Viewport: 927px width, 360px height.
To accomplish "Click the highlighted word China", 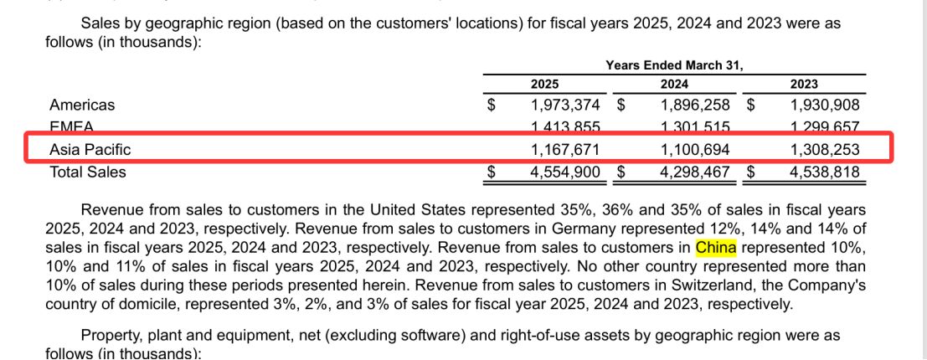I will click(716, 248).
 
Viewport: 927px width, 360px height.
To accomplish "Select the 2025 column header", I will click(544, 84).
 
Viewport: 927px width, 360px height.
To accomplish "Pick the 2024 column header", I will click(674, 84).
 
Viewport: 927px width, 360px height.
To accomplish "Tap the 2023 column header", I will click(804, 84).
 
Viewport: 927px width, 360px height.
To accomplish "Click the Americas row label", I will click(82, 105).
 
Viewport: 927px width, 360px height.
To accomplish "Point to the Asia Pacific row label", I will click(90, 150).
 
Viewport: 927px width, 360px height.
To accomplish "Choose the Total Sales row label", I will click(88, 172).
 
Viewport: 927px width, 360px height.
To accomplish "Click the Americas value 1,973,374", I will click(565, 105).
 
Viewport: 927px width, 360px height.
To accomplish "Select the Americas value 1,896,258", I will click(695, 105).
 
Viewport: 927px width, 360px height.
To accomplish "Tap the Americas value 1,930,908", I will click(825, 105).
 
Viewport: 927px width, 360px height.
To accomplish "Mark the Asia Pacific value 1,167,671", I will click(565, 150).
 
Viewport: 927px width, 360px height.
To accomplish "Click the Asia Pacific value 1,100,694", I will click(695, 150).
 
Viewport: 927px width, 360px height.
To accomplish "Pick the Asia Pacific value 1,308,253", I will click(825, 150).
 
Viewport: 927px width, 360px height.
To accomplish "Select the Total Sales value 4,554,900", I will click(565, 172).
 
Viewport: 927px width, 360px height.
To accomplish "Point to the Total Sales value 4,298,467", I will click(695, 172).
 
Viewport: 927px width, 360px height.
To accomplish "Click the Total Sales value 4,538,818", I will click(825, 172).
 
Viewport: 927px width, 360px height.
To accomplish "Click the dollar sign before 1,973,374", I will click(492, 105).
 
